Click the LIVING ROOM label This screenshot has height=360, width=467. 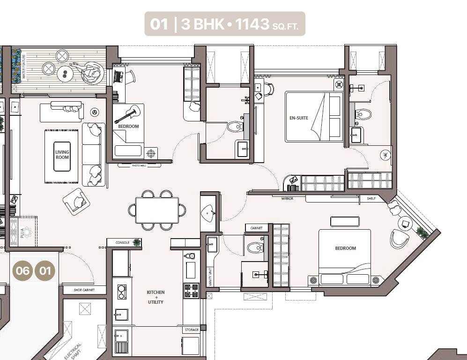click(62, 155)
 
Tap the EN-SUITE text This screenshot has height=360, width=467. click(299, 118)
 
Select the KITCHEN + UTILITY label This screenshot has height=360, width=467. click(156, 297)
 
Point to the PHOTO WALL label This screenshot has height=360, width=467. click(139, 165)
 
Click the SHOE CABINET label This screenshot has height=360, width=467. click(84, 290)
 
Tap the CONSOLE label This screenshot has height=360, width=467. click(122, 243)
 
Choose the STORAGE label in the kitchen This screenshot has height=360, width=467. click(192, 330)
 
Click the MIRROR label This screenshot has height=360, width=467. click(287, 198)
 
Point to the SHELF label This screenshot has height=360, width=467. click(371, 198)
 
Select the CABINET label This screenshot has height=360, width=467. click(256, 228)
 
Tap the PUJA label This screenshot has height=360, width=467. click(22, 233)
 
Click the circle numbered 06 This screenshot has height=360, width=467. click(22, 271)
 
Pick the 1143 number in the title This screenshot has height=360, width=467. click(252, 24)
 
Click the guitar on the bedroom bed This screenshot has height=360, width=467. click(127, 113)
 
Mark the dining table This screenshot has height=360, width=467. click(157, 210)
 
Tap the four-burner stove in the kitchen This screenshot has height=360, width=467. click(191, 291)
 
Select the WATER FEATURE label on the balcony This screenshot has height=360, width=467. click(23, 67)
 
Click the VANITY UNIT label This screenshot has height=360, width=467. click(210, 277)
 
